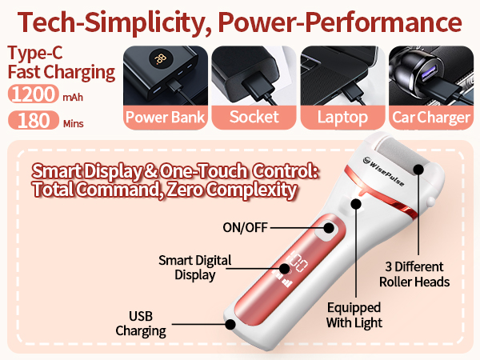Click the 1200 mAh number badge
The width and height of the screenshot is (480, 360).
coord(33,94)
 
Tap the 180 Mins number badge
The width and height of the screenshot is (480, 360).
coord(34,120)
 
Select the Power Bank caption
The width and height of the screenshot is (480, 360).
coord(166,118)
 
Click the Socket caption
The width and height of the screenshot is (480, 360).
coord(254,117)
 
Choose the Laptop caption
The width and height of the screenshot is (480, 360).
coord(342,118)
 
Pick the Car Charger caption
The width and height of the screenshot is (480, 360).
coord(431,118)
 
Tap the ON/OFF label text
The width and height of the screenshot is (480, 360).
coord(246,227)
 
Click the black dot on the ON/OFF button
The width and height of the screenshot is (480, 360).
coord(329,228)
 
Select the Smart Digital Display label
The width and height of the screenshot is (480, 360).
coord(195,268)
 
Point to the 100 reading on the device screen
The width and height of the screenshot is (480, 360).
coord(297,262)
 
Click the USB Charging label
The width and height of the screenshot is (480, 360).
coord(141,324)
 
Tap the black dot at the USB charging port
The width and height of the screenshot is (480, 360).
coord(230,324)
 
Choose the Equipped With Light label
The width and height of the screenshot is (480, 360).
coord(354,315)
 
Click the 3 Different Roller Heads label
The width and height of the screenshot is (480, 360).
coord(414,274)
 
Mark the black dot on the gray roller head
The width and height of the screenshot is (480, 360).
coord(418,170)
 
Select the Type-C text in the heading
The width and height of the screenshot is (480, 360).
coord(35,53)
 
